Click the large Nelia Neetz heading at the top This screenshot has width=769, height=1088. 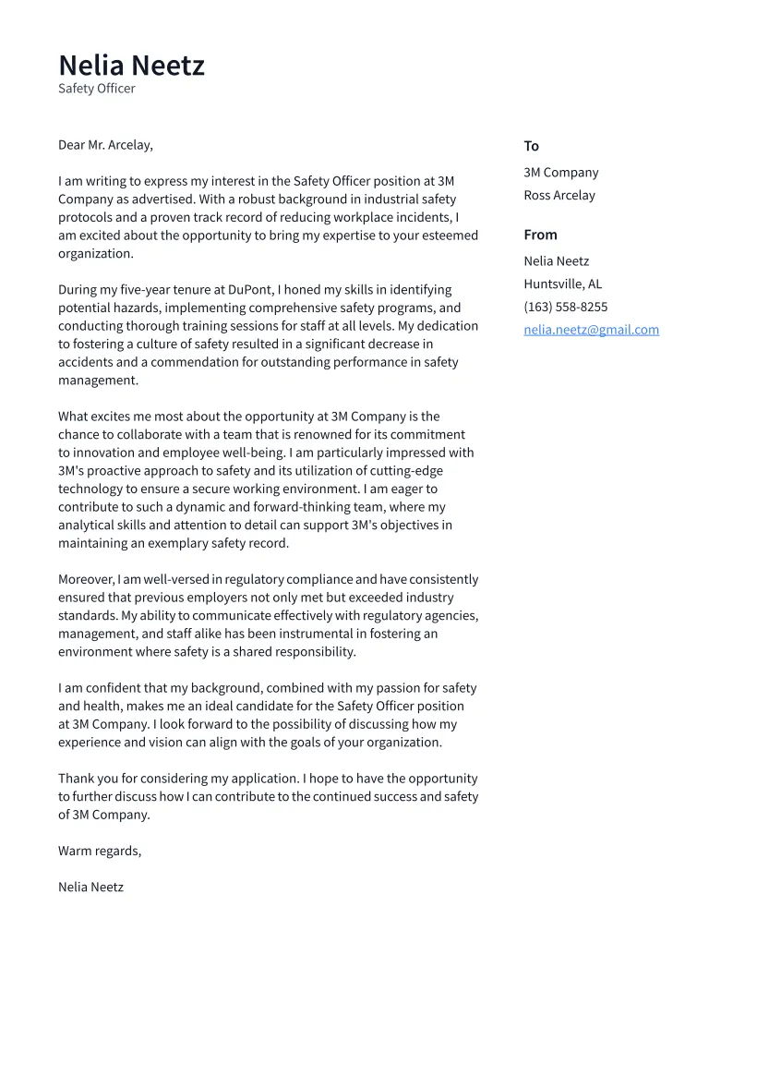pyautogui.click(x=131, y=66)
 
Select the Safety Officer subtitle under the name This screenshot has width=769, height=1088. pyautogui.click(x=96, y=89)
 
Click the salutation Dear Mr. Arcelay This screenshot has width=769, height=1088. pyautogui.click(x=105, y=145)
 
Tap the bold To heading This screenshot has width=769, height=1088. pyautogui.click(x=531, y=146)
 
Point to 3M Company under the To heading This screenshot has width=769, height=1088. pyautogui.click(x=560, y=173)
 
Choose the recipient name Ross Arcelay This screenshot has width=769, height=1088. pyautogui.click(x=559, y=196)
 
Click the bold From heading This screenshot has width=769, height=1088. pyautogui.click(x=540, y=235)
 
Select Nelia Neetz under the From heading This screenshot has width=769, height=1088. pyautogui.click(x=556, y=261)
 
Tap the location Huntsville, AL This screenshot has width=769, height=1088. pyautogui.click(x=562, y=284)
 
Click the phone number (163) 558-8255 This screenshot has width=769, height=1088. pyautogui.click(x=565, y=307)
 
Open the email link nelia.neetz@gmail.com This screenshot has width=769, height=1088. pyautogui.click(x=591, y=330)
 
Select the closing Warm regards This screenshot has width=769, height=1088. pyautogui.click(x=100, y=851)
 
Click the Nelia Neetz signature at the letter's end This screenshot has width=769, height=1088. pyautogui.click(x=90, y=888)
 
